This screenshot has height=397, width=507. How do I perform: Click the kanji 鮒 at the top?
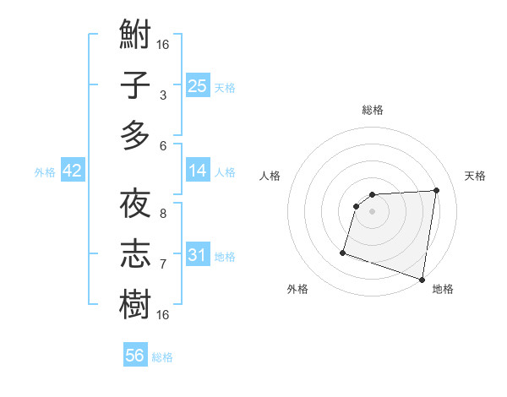[135, 35]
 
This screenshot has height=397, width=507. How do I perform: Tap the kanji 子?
[135, 85]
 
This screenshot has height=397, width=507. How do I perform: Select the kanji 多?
[135, 135]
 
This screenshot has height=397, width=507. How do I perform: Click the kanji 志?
[135, 254]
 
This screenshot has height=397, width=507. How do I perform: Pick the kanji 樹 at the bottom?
[135, 305]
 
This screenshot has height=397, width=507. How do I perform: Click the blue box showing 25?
[197, 85]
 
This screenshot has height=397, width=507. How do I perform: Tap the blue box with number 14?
[197, 171]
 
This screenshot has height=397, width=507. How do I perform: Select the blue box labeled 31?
[197, 255]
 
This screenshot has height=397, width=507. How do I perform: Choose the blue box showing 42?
[72, 171]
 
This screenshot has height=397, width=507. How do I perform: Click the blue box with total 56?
[134, 356]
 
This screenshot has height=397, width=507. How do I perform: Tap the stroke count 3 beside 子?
[162, 95]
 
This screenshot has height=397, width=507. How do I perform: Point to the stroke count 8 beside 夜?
[162, 214]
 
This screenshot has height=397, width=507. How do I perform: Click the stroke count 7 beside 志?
[162, 264]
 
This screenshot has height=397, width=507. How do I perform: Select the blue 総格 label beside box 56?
[162, 357]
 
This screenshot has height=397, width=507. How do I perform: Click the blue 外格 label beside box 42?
[45, 172]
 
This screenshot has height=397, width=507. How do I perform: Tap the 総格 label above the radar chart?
[372, 110]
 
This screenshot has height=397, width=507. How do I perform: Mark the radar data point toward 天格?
[436, 191]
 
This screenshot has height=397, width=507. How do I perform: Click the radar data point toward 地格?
[422, 280]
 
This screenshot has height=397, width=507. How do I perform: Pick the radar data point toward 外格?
[343, 252]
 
